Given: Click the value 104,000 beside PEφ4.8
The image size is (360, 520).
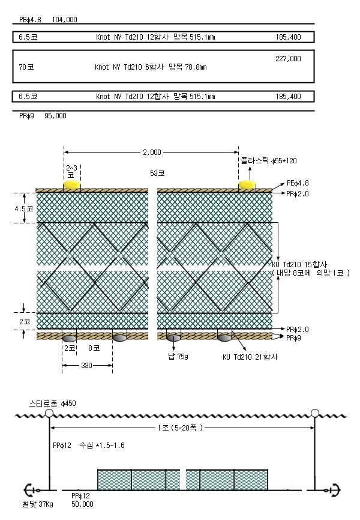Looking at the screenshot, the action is (x=64, y=20).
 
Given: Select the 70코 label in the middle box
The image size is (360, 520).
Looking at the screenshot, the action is (x=26, y=67).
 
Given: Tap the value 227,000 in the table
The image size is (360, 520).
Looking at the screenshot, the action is (x=288, y=59).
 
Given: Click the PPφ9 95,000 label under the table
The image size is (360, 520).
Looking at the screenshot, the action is (x=43, y=116).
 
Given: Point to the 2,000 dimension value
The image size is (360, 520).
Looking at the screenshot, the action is (x=152, y=153).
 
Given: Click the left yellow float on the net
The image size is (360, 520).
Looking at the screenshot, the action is (x=72, y=184).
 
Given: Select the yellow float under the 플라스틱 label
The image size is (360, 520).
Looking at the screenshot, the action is (x=247, y=184).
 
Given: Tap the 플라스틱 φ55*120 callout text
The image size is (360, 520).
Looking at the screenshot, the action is (x=269, y=161).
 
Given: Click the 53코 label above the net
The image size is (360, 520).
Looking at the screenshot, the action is (x=157, y=173).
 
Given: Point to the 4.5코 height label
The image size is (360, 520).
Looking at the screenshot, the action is (x=24, y=208).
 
